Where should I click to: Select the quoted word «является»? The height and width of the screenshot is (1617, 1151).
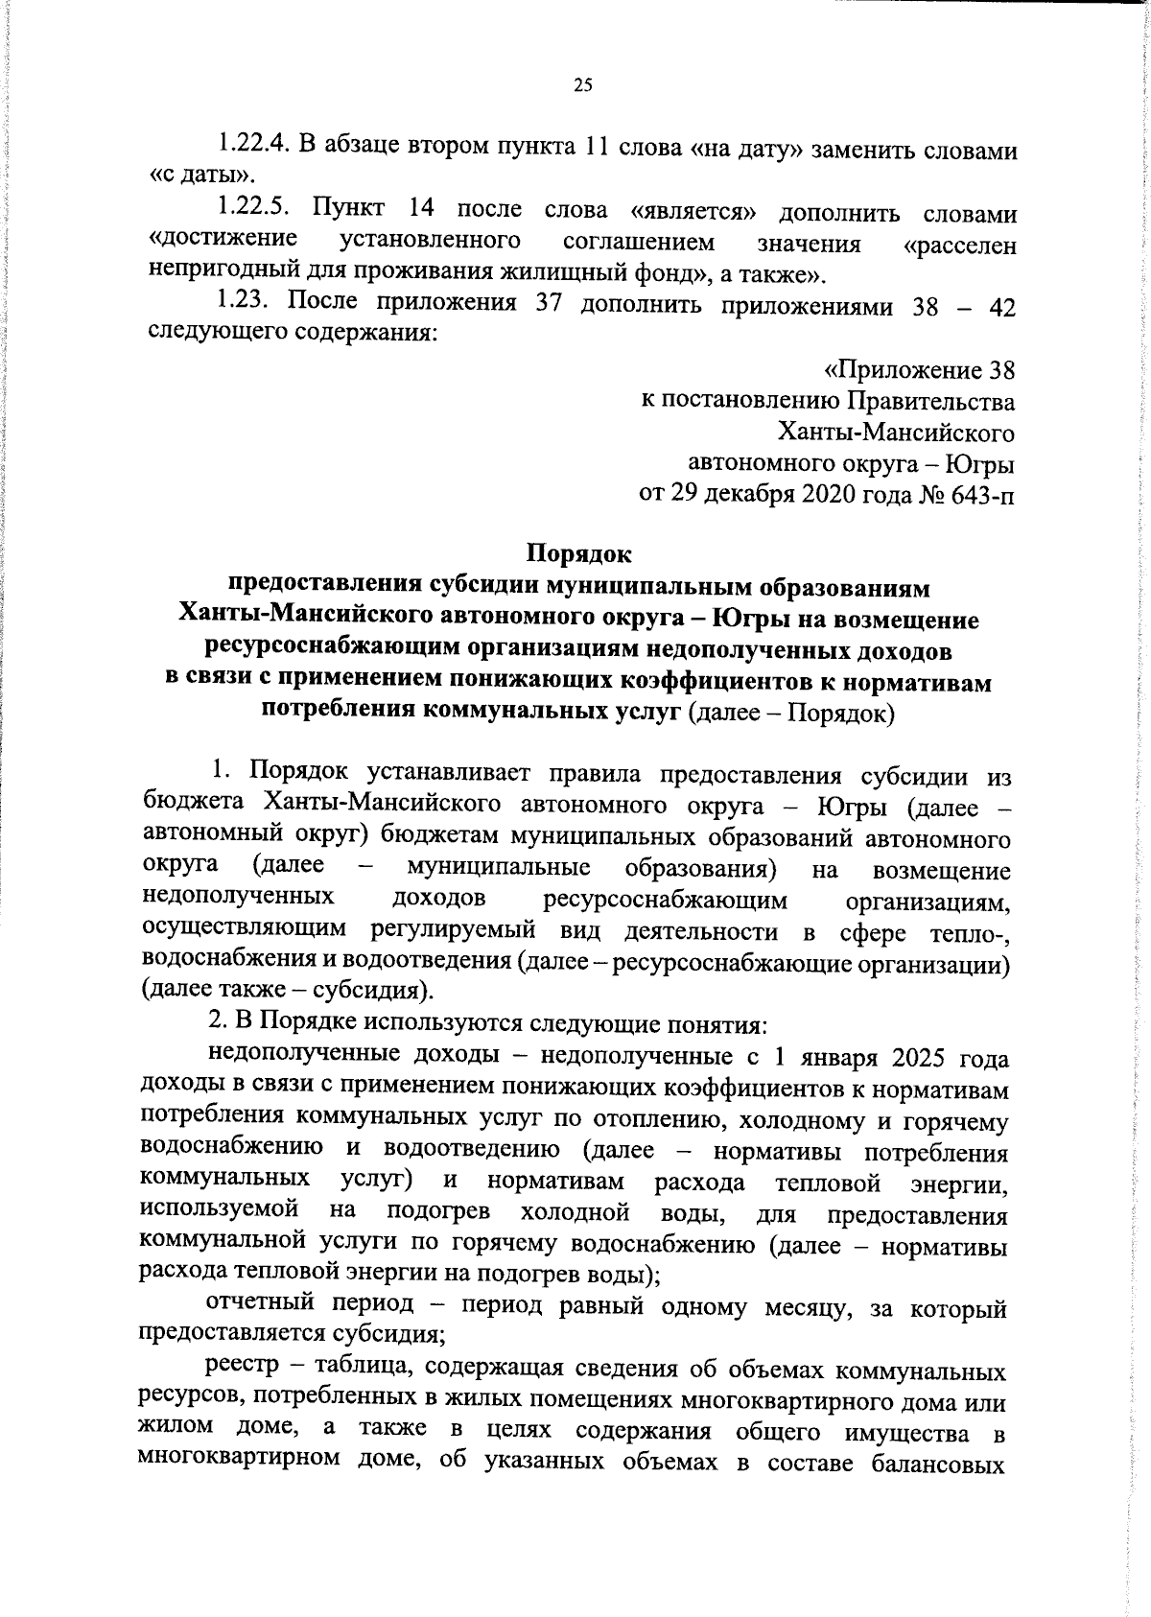[687, 210]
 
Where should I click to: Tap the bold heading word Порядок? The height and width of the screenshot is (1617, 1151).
[579, 553]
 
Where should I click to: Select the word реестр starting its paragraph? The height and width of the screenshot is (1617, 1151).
[238, 1370]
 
